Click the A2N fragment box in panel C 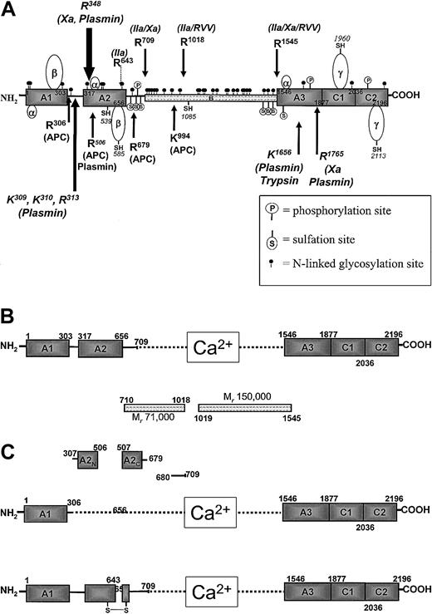click(88, 460)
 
